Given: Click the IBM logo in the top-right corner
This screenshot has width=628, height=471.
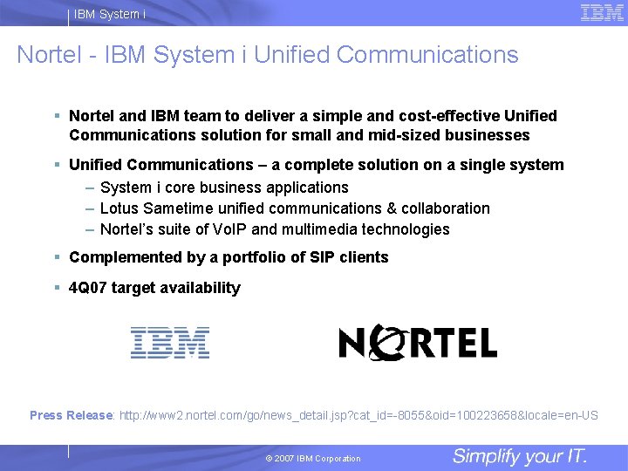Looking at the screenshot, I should point(602,13).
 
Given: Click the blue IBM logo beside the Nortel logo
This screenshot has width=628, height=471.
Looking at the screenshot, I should point(169,343).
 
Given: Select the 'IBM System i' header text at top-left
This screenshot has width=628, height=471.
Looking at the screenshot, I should point(110,14).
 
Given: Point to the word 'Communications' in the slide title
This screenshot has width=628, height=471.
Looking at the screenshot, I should point(427,55).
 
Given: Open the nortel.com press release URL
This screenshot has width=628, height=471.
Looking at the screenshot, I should point(358,415).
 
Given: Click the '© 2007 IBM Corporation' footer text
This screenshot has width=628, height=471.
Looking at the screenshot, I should point(312,459).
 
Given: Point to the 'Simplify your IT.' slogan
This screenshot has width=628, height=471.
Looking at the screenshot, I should point(520,456).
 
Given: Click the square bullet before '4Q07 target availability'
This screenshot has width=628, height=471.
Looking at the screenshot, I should point(56,287).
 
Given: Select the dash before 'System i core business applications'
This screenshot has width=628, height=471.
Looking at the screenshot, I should point(90,188).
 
